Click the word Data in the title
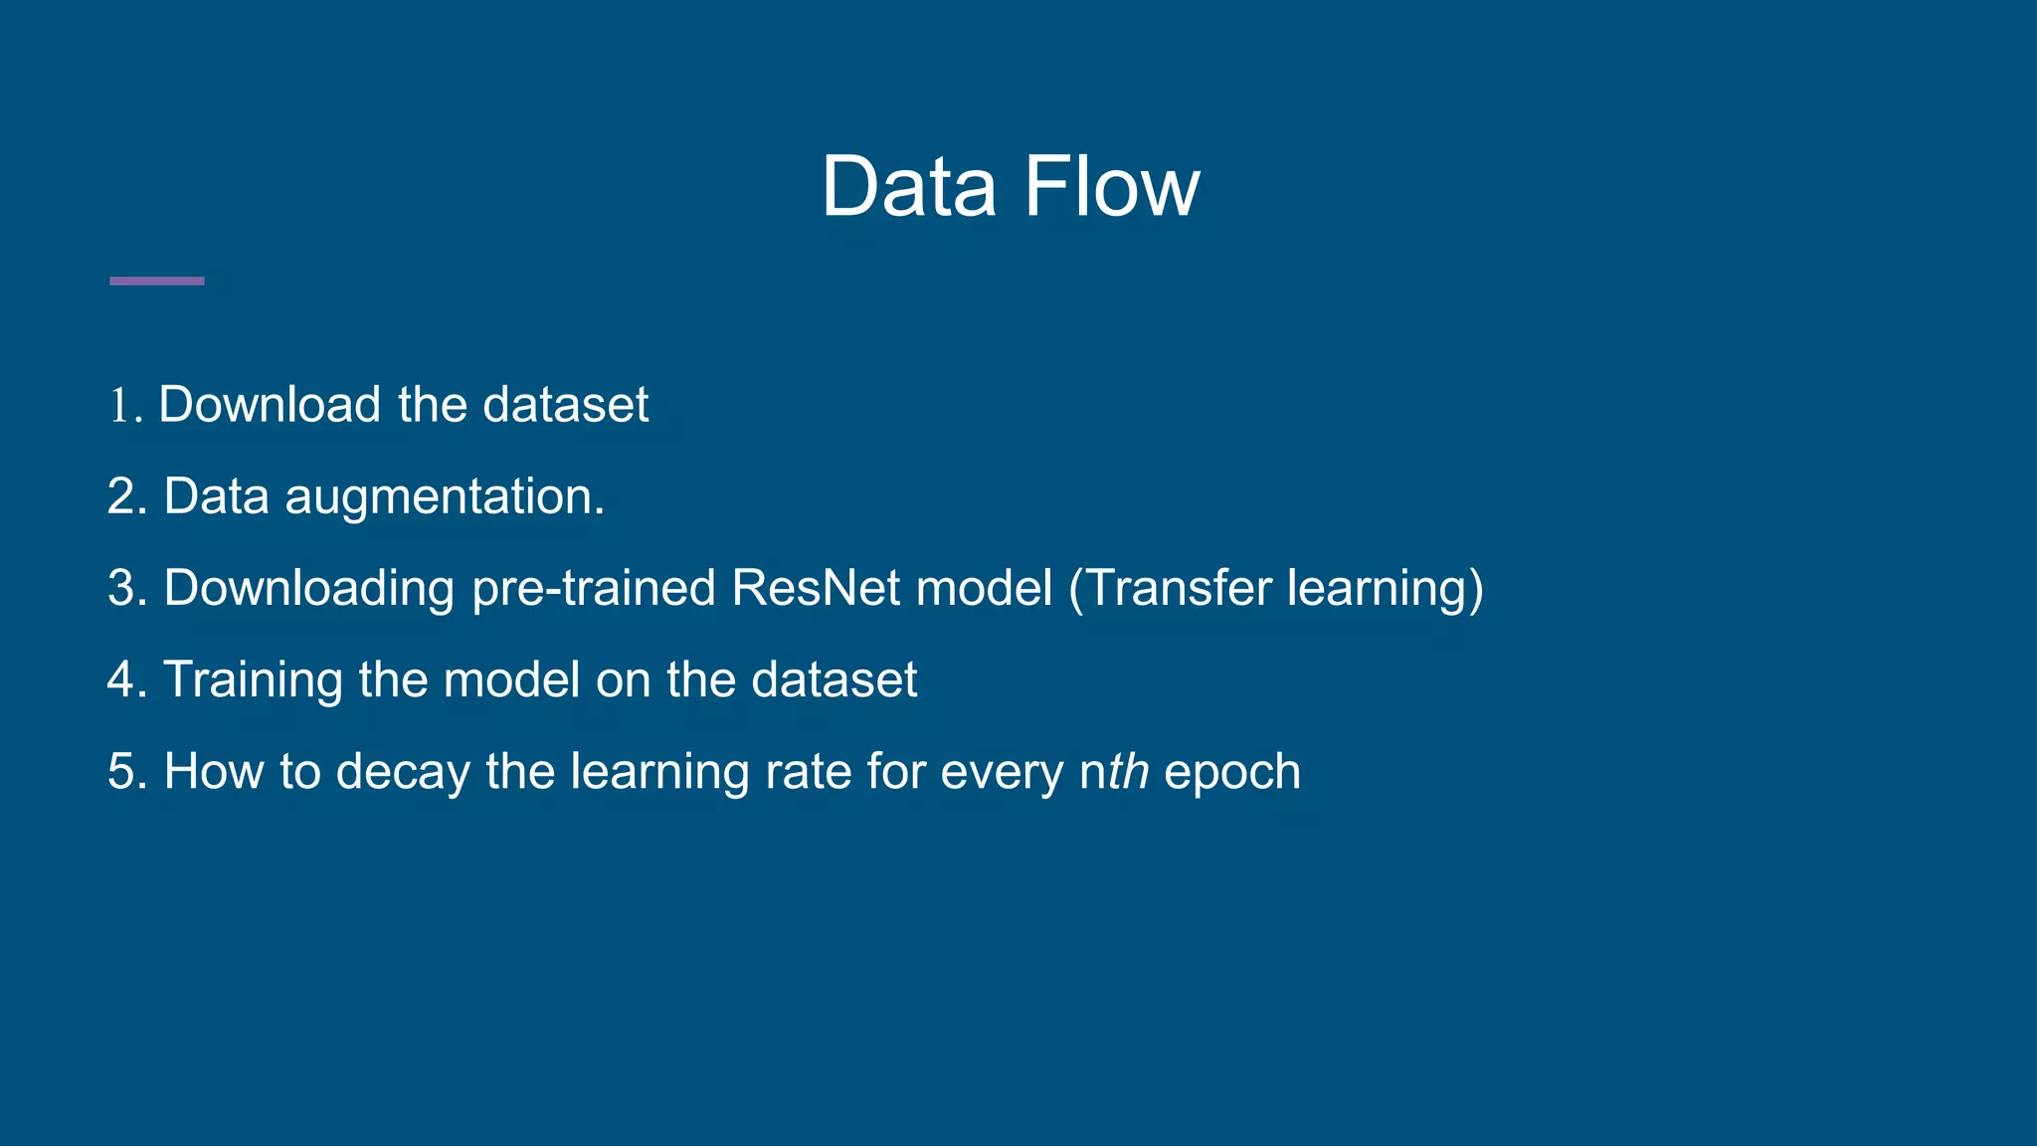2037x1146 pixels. pos(907,187)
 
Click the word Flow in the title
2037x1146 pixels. pos(1111,187)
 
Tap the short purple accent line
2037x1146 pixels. pos(156,282)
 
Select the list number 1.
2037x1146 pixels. pos(121,406)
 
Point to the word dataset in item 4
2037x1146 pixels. pos(833,680)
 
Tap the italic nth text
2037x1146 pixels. pos(1114,772)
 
